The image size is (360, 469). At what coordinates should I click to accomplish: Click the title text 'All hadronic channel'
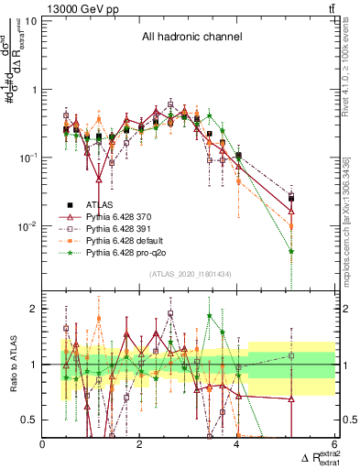(191, 38)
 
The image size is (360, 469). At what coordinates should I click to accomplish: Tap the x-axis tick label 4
(237, 444)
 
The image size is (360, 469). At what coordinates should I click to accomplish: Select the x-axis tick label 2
(140, 444)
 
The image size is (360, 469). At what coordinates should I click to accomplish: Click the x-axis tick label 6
(334, 444)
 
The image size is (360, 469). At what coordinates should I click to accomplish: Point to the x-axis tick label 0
(43, 444)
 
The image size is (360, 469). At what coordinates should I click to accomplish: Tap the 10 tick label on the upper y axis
(30, 20)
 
